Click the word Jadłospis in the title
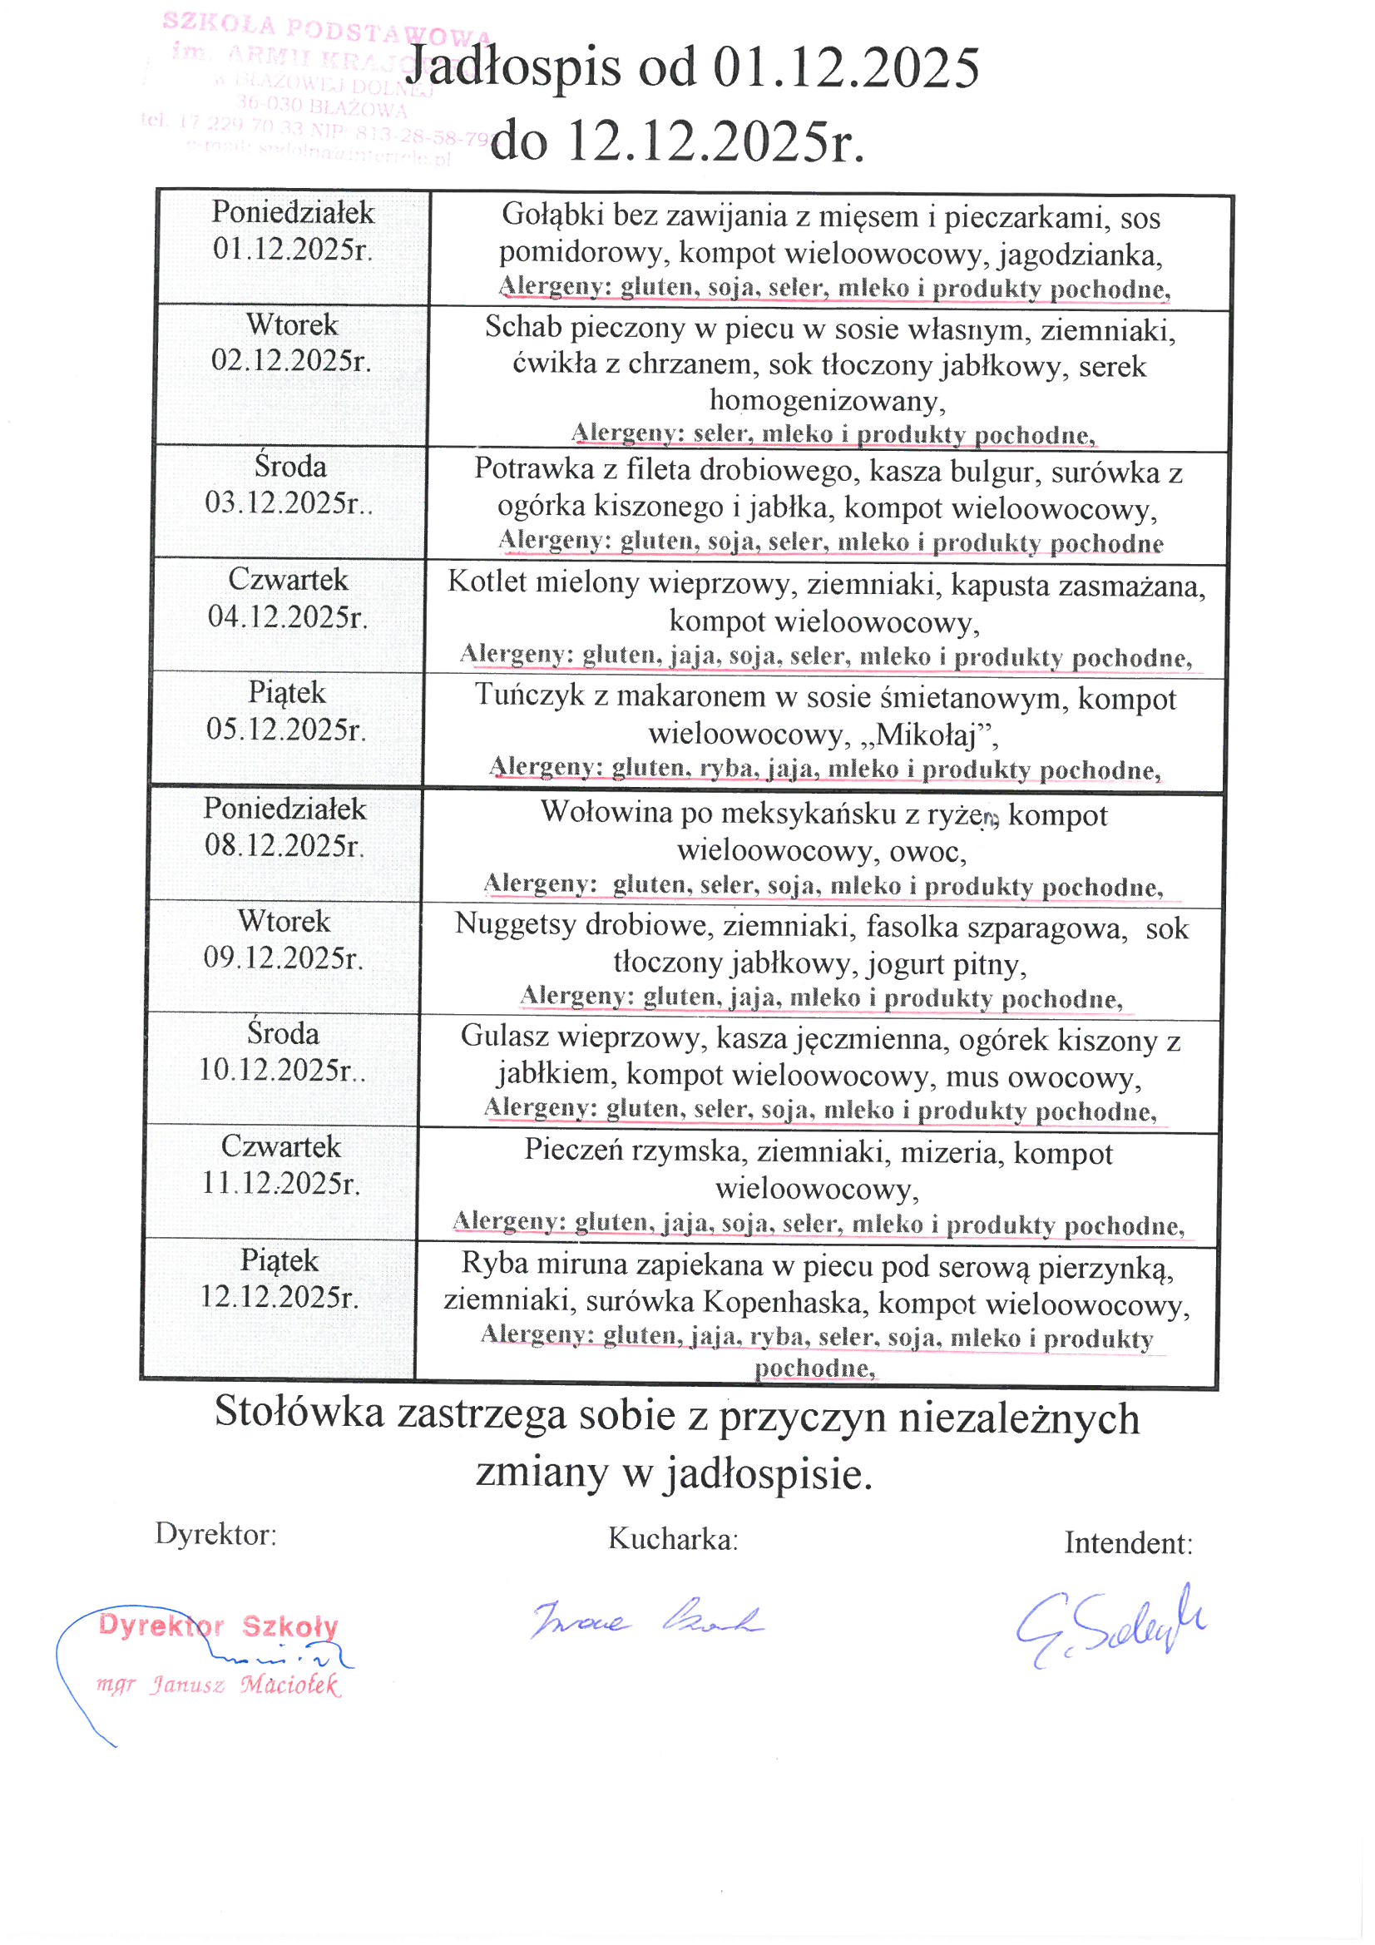512,67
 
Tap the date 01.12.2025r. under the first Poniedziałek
292,249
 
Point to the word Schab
517,327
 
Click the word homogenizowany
826,400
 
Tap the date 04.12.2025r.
287,616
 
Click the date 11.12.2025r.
280,1183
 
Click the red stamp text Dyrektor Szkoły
219,1626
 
